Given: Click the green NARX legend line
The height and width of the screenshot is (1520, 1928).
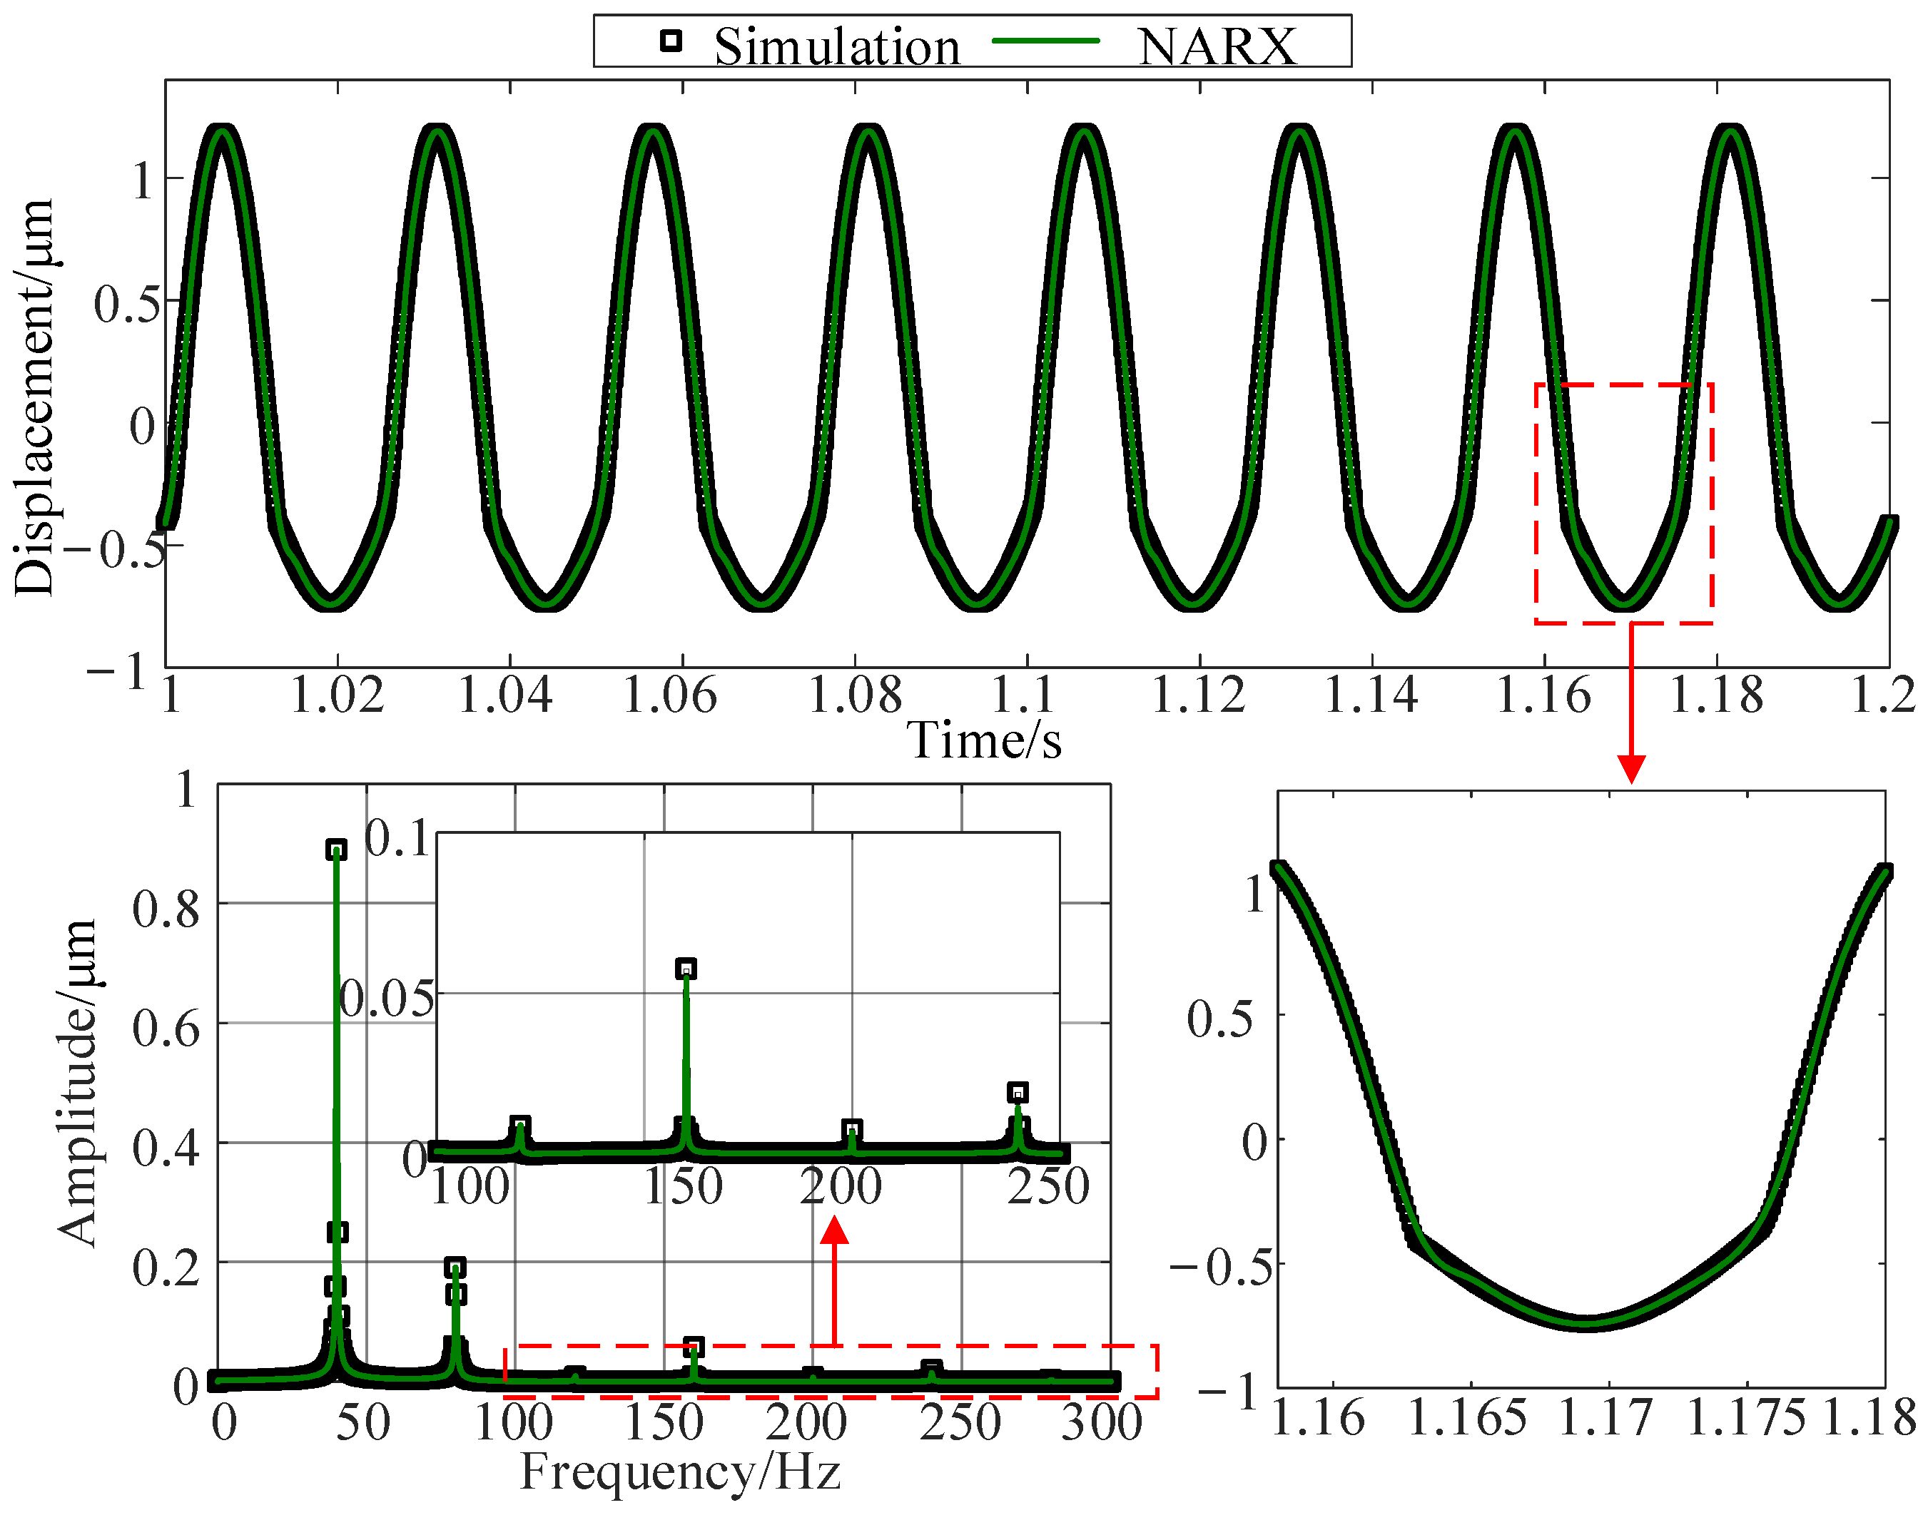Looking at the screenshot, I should point(1045,41).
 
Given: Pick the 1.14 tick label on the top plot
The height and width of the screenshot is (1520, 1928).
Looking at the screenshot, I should point(1371,695).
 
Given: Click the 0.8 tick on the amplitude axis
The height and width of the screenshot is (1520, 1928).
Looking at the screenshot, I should point(166,909).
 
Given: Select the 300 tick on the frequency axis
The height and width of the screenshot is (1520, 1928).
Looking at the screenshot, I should point(1102,1422).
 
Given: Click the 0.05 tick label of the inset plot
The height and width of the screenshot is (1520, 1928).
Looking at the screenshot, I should point(388,999).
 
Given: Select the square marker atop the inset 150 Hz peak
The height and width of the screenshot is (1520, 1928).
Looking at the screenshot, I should point(686,968).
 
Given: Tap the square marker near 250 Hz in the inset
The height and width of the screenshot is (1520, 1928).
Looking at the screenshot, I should point(1018,1092).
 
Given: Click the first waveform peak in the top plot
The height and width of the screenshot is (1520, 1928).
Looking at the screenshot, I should point(220,132).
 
